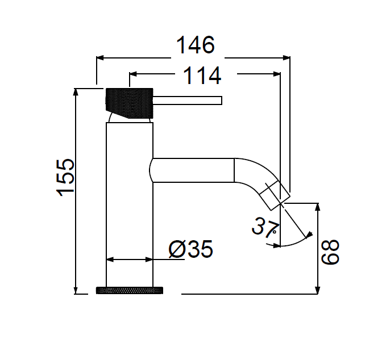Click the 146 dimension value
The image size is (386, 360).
click(x=195, y=45)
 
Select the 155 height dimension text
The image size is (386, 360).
click(x=67, y=177)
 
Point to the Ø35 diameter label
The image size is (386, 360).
click(x=191, y=249)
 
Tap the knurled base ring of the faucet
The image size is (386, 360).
click(x=130, y=290)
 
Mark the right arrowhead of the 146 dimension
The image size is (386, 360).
click(x=287, y=57)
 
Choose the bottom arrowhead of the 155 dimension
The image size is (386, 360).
click(x=76, y=291)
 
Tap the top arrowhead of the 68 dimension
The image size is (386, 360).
click(x=318, y=205)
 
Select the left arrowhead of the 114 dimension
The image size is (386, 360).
click(x=134, y=73)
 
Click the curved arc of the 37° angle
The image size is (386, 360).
click(x=296, y=242)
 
